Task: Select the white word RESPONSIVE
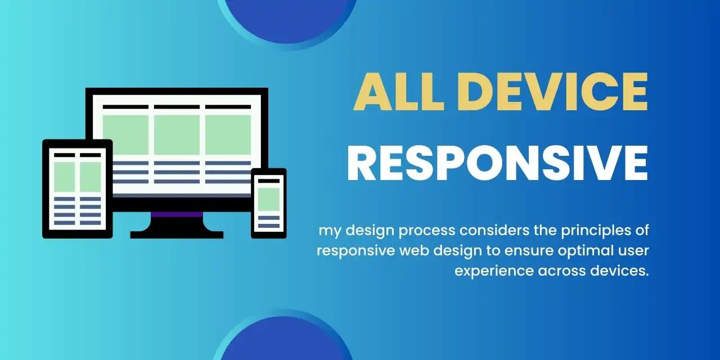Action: tap(497, 163)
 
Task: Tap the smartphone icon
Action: tap(268, 203)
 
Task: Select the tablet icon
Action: tap(77, 188)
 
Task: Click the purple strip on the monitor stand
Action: tap(177, 214)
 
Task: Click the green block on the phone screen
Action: tap(268, 199)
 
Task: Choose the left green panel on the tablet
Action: tap(64, 176)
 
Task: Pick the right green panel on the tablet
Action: tap(90, 176)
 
